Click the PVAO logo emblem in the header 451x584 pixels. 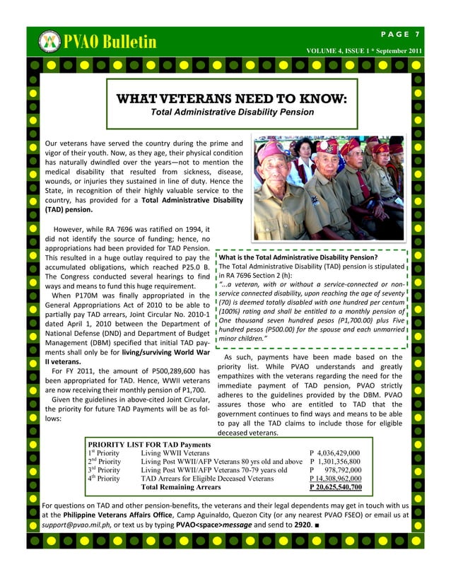(49, 42)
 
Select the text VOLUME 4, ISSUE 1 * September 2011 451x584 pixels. (364, 52)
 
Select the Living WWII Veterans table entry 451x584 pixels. (175, 452)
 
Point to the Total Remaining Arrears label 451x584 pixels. (181, 486)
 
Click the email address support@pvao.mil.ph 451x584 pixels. (78, 527)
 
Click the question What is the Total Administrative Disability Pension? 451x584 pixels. (298, 257)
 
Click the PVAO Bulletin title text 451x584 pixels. (110, 42)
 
